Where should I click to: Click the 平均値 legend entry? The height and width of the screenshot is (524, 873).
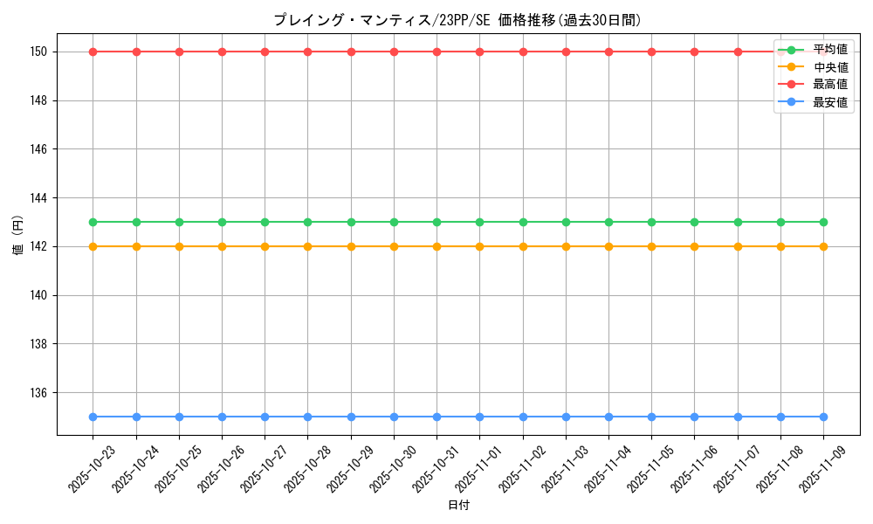[x=829, y=49]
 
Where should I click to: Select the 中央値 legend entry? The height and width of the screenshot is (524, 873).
[x=829, y=66]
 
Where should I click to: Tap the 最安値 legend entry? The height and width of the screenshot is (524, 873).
[x=829, y=102]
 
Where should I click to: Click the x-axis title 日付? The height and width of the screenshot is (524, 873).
[x=458, y=506]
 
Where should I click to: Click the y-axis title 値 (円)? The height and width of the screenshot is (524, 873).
[x=18, y=236]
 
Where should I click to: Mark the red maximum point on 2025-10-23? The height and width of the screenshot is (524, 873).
[x=93, y=52]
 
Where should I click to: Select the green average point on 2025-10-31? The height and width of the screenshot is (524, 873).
[x=436, y=222]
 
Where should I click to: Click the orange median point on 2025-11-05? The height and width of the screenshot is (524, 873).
[x=651, y=246]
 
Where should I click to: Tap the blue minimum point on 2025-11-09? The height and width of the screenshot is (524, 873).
[x=823, y=417]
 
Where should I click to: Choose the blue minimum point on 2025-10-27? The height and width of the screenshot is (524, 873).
[x=265, y=417]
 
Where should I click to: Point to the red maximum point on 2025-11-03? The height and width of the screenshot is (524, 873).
[x=566, y=52]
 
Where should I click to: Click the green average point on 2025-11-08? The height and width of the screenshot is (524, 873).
[x=780, y=222]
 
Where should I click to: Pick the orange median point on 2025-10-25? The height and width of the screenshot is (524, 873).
[x=179, y=246]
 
